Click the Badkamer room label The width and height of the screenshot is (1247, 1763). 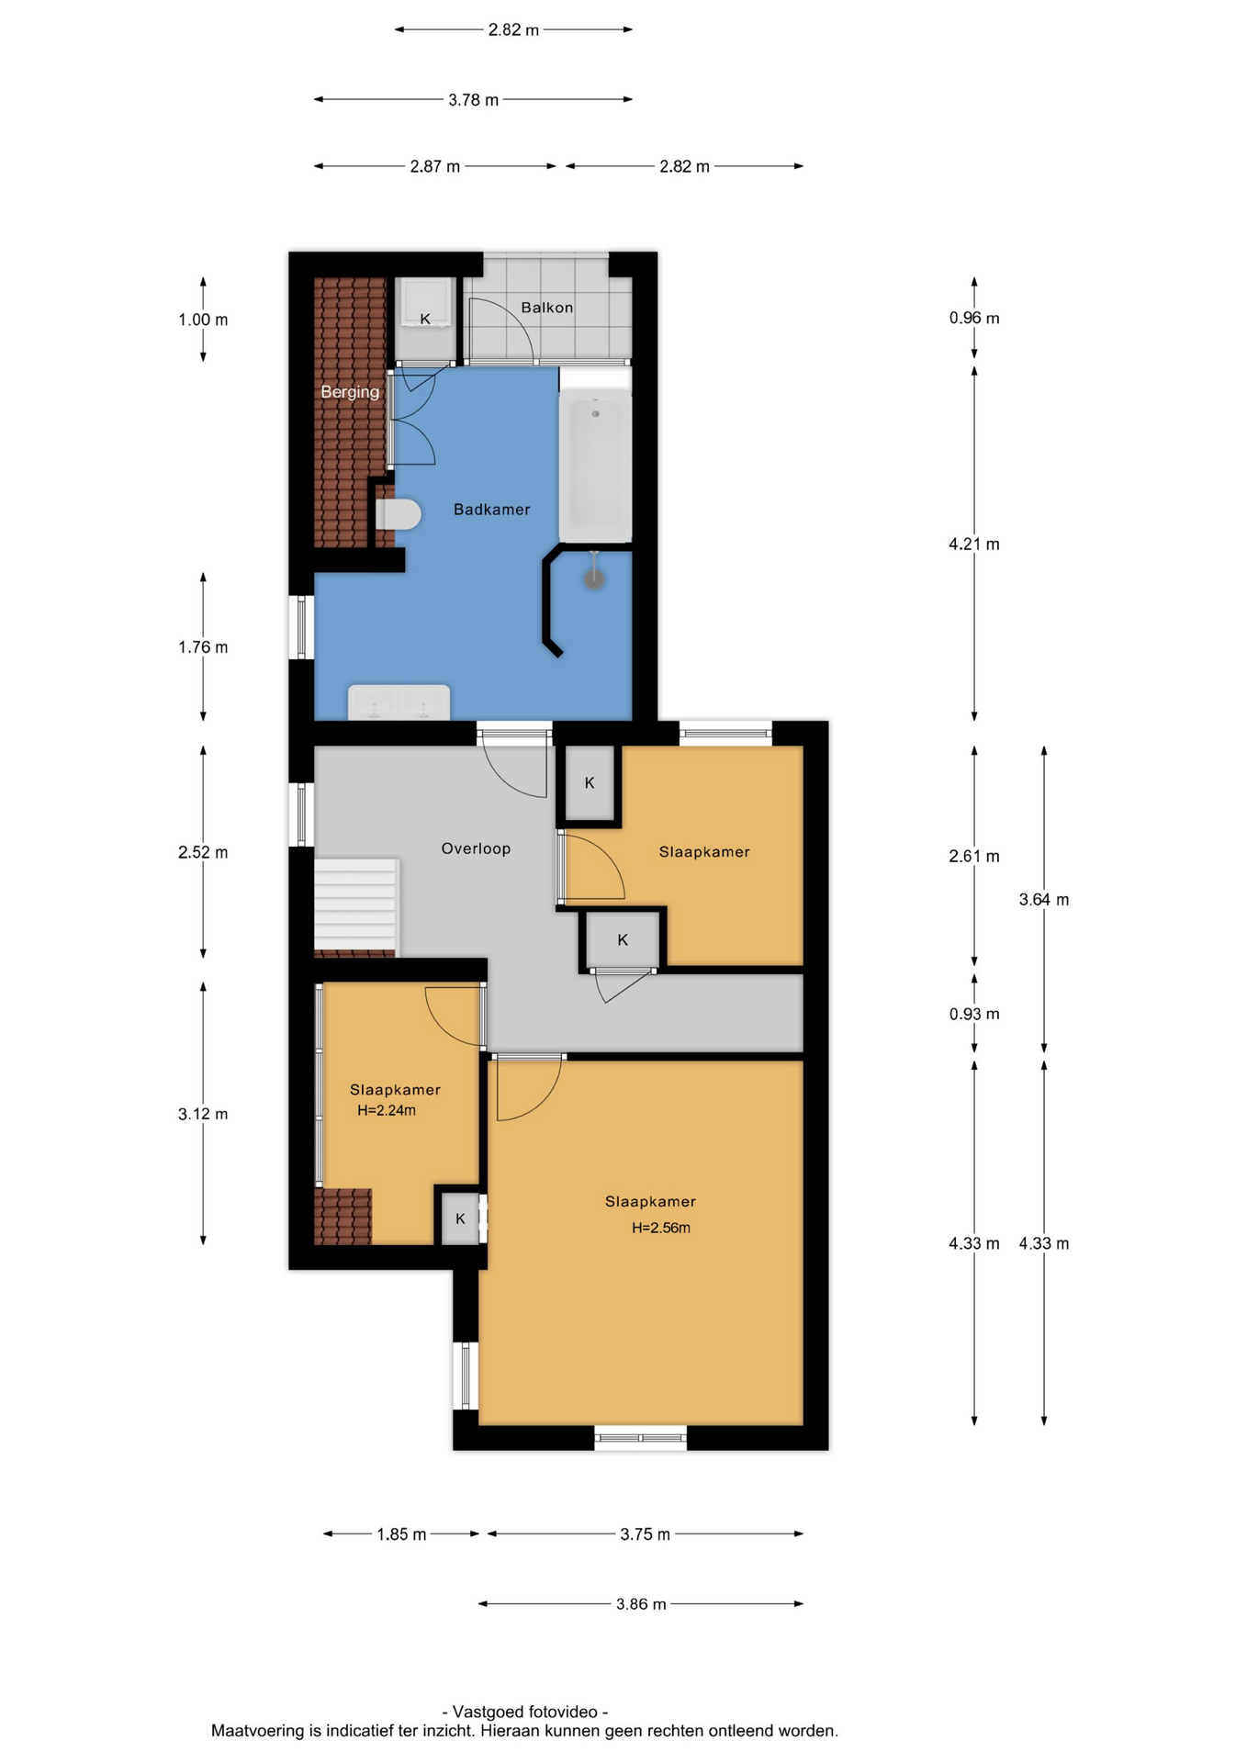click(x=491, y=510)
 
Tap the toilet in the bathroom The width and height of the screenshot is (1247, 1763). click(x=399, y=514)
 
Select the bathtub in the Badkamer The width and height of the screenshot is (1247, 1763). click(x=595, y=468)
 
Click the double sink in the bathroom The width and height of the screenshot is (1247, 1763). click(x=399, y=702)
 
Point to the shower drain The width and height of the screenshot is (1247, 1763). click(x=595, y=578)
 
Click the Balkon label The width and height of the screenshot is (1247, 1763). click(x=547, y=308)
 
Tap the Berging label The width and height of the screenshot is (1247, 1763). click(x=350, y=392)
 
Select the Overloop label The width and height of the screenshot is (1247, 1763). click(x=476, y=848)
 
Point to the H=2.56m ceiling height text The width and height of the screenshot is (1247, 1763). click(x=661, y=1228)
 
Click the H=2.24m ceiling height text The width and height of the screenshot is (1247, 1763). click(x=387, y=1110)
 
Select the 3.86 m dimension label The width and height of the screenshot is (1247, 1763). click(x=641, y=1604)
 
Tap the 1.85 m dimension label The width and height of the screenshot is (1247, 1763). click(x=401, y=1534)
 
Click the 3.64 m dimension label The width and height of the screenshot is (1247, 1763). click(x=1044, y=900)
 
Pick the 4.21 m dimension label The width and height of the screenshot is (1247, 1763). click(x=974, y=545)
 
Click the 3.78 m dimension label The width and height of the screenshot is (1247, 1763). click(x=474, y=100)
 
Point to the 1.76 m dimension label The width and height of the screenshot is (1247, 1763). click(x=203, y=647)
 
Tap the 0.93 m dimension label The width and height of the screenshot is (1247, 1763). click(x=974, y=1015)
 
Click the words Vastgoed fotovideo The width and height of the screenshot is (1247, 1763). click(x=525, y=1712)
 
